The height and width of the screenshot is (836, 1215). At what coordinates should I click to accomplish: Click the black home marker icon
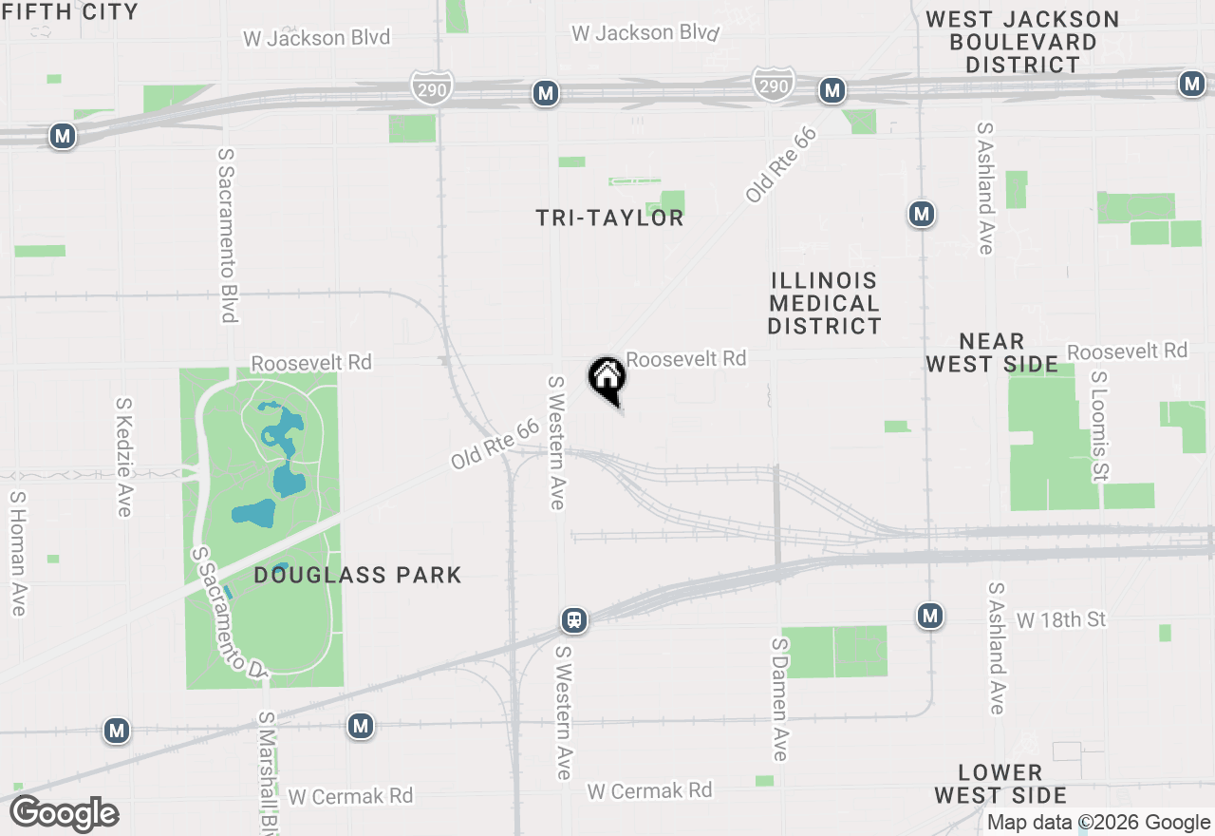tap(607, 379)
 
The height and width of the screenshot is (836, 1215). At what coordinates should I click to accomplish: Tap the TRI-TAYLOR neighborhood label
tap(609, 218)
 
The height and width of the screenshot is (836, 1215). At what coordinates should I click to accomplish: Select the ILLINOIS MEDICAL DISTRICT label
tap(825, 303)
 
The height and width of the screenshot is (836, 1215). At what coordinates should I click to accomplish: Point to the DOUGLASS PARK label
tap(358, 575)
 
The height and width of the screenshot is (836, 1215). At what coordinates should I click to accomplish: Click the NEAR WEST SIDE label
tap(992, 352)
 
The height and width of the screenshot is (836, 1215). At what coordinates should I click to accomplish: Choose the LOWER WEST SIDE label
tap(1000, 784)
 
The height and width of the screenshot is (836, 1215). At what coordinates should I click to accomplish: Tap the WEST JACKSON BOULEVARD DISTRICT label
tap(1022, 42)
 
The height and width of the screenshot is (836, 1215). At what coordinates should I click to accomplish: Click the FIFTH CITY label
tap(70, 12)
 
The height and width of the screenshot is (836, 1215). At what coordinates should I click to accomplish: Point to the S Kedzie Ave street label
tap(123, 457)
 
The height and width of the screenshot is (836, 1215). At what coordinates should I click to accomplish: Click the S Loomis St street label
tap(1100, 425)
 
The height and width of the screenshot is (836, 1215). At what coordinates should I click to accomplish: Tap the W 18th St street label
tap(1061, 620)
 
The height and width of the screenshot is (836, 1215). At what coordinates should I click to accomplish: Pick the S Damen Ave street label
tap(780, 699)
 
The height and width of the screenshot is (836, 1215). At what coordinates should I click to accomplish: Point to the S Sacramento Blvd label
tap(227, 235)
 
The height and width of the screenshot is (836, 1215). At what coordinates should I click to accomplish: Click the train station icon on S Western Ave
tap(573, 620)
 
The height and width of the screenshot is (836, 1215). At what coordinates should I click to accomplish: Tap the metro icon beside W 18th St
tap(930, 617)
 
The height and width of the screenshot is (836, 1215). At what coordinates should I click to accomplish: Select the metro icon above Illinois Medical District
tap(922, 214)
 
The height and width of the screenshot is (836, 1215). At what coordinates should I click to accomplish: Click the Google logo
tap(65, 814)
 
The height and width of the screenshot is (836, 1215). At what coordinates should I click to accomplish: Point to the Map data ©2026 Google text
tap(1098, 823)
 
